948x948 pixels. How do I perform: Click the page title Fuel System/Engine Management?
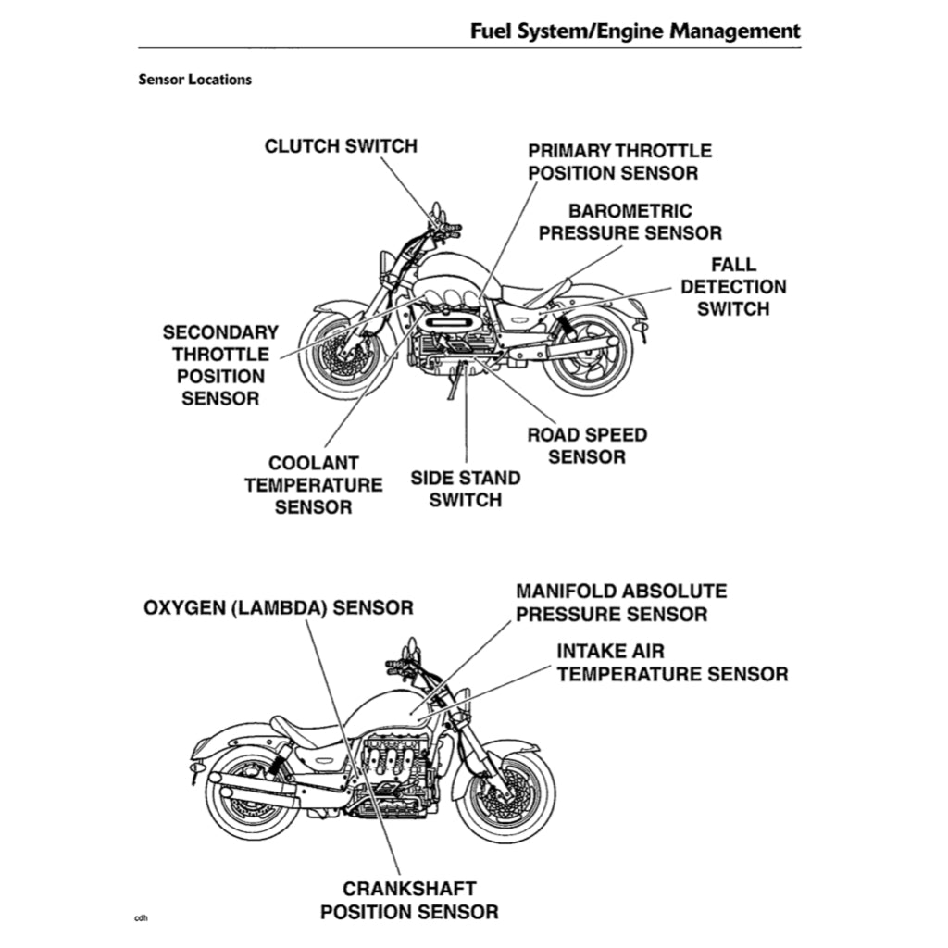[x=635, y=31]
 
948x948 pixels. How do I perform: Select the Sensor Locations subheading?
[x=194, y=79]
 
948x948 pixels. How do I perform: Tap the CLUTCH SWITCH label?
[x=341, y=146]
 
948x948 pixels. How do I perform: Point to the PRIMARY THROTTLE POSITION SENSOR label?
[x=619, y=161]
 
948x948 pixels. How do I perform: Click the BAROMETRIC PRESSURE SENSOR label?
[x=630, y=222]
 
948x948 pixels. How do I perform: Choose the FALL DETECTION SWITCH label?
[x=733, y=287]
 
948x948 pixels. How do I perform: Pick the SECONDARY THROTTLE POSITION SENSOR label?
[x=220, y=365]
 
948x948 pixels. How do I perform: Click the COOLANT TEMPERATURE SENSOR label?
[x=313, y=484]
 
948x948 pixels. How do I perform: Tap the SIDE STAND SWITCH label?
[x=466, y=489]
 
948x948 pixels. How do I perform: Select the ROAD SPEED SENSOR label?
[x=587, y=445]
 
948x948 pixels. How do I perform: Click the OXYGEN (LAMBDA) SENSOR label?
[x=279, y=608]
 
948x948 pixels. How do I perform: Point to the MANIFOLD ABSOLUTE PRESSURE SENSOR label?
[x=621, y=603]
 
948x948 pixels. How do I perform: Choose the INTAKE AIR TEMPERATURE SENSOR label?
[x=672, y=663]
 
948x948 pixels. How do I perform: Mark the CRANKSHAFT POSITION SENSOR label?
[x=409, y=900]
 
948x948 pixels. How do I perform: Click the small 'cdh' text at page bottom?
[x=141, y=918]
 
